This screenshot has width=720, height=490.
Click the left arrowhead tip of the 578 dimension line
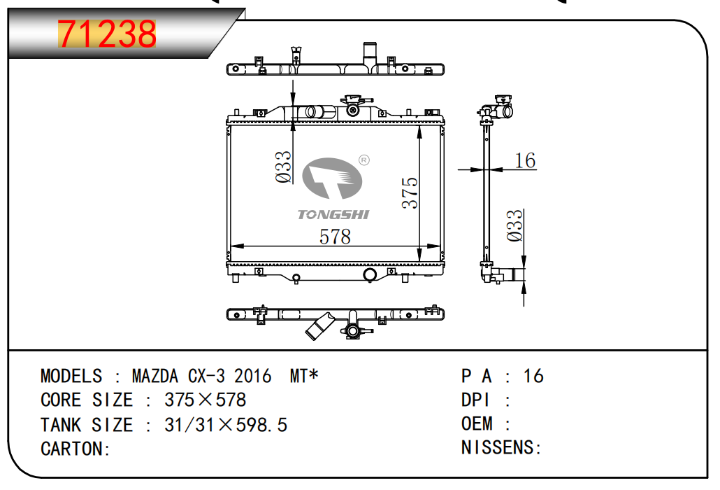click(231, 246)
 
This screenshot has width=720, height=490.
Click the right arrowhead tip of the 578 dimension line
click(441, 246)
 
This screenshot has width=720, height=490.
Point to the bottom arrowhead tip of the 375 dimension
click(419, 262)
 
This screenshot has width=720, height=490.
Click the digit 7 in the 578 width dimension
click(336, 237)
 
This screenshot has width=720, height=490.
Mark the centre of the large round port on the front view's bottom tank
click(370, 275)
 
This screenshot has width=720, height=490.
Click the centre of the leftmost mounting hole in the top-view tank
click(236, 69)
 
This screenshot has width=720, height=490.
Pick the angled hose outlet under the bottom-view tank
click(319, 327)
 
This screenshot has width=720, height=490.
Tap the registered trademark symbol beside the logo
click(363, 160)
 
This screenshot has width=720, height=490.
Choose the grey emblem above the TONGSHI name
click(331, 178)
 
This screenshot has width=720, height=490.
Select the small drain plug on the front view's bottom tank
click(296, 278)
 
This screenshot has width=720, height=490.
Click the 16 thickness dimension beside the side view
click(525, 161)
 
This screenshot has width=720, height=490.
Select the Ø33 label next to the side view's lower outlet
click(514, 225)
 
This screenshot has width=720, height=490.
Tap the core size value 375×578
click(206, 400)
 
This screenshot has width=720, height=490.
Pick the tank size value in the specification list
click(226, 425)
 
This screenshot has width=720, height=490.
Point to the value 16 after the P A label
click(533, 376)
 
